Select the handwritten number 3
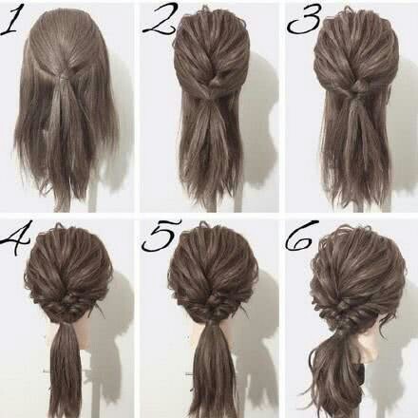click(304, 20)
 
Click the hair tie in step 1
click(65, 76)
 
